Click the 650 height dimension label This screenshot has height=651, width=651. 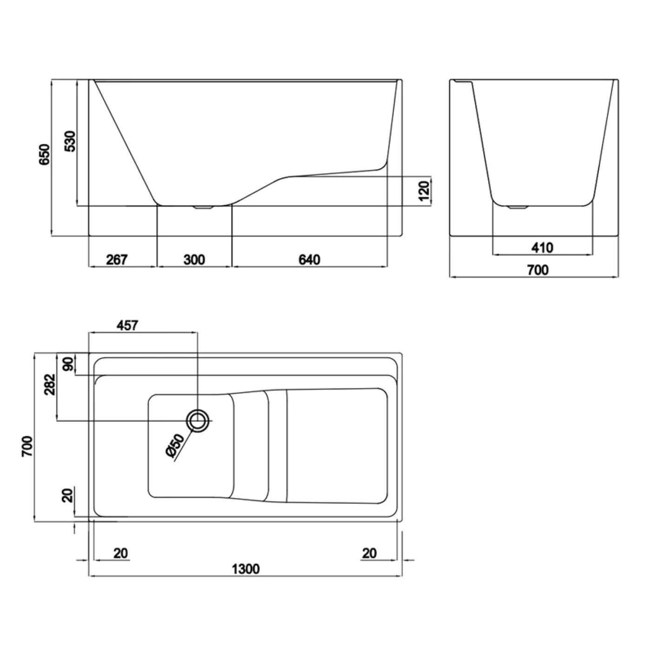coord(45,155)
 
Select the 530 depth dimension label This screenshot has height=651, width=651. coord(71,141)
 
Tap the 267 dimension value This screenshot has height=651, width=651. coord(117,260)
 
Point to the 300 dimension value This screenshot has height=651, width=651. coord(194,260)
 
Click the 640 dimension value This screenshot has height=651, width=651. coord(309,260)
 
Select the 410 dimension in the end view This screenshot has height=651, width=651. coord(543,248)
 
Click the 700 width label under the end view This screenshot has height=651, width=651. coord(538,270)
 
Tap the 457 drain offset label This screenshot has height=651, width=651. coord(127,325)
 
